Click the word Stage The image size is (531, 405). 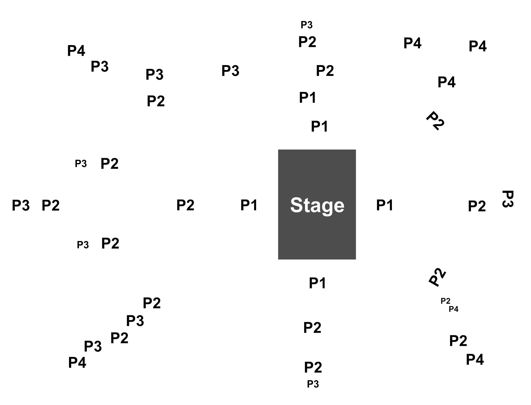click(317, 205)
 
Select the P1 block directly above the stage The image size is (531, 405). click(317, 126)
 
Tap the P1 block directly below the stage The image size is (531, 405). click(317, 283)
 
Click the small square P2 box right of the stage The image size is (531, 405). click(477, 205)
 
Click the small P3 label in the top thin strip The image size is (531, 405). click(307, 25)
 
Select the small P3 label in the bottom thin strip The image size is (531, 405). click(313, 384)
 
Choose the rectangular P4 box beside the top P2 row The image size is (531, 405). click(412, 43)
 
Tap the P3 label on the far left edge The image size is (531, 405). click(21, 205)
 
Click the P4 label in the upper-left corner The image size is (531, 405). click(76, 51)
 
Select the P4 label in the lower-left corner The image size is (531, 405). click(77, 362)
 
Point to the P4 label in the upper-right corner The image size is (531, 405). click(477, 46)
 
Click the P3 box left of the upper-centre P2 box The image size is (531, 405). click(230, 70)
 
